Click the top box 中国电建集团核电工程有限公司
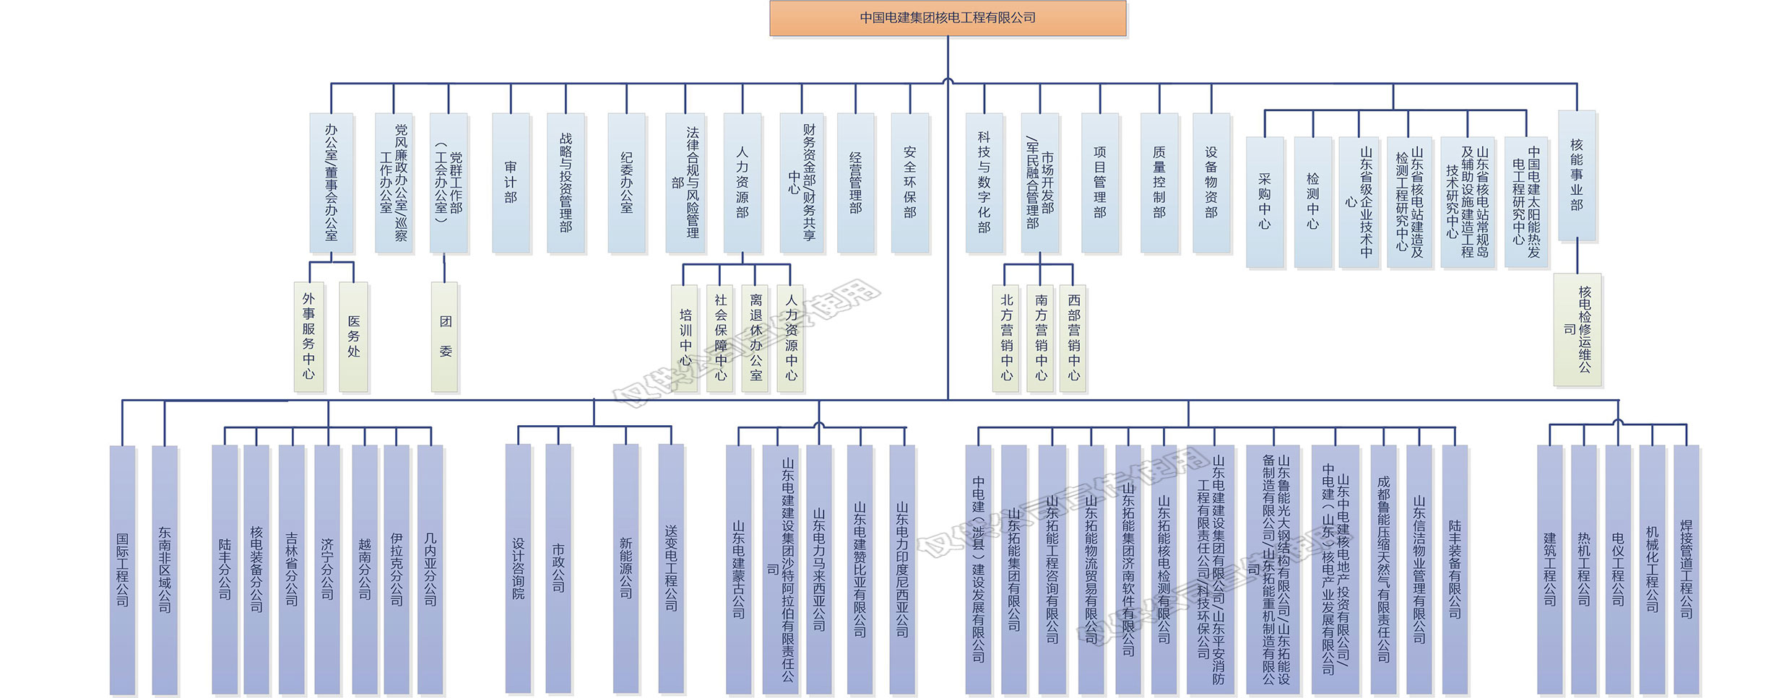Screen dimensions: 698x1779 pyautogui.click(x=948, y=18)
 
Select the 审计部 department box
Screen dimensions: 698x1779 pyautogui.click(x=511, y=183)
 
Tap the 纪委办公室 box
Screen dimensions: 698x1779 pyautogui.click(x=626, y=183)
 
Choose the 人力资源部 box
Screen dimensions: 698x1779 pyautogui.click(x=743, y=183)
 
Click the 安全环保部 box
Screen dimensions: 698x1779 pyautogui.click(x=910, y=183)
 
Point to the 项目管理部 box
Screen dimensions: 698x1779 pyautogui.click(x=1100, y=183)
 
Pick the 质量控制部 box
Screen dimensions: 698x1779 pyautogui.click(x=1159, y=183)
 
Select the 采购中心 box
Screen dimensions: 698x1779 pyautogui.click(x=1265, y=202)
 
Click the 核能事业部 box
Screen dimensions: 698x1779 pyautogui.click(x=1577, y=175)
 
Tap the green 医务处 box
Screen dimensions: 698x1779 pyautogui.click(x=353, y=336)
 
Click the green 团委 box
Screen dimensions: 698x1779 pyautogui.click(x=445, y=336)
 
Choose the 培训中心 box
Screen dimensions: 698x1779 pyautogui.click(x=685, y=338)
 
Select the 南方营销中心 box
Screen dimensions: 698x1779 pyautogui.click(x=1041, y=338)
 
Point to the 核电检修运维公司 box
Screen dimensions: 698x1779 pyautogui.click(x=1578, y=329)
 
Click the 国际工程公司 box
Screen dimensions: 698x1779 pyautogui.click(x=123, y=570)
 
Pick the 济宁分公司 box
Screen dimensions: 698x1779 pyautogui.click(x=327, y=570)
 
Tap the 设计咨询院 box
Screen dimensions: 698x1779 pyautogui.click(x=519, y=570)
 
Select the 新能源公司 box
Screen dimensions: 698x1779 pyautogui.click(x=626, y=570)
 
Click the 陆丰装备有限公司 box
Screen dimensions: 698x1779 pyautogui.click(x=1455, y=570)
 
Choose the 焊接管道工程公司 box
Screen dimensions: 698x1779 pyautogui.click(x=1687, y=570)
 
